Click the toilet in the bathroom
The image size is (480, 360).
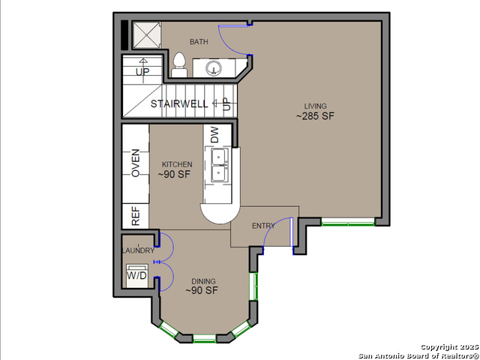179,64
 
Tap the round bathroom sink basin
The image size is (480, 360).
213,68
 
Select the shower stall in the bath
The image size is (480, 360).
147,35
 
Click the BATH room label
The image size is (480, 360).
199,42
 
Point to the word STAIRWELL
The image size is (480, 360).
179,103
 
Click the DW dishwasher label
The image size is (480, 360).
215,135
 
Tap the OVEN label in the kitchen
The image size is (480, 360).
136,163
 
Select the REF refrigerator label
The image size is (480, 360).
136,216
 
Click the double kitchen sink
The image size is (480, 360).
220,166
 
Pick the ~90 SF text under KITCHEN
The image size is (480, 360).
174,174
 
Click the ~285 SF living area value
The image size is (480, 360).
315,116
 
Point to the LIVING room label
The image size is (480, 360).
315,106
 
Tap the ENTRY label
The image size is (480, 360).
263,226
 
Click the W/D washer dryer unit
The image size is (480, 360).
137,276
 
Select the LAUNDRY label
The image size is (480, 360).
138,250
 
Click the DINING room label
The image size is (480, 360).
203,281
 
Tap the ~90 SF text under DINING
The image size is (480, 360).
202,290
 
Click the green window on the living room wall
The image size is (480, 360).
348,222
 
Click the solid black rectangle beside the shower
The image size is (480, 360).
124,35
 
